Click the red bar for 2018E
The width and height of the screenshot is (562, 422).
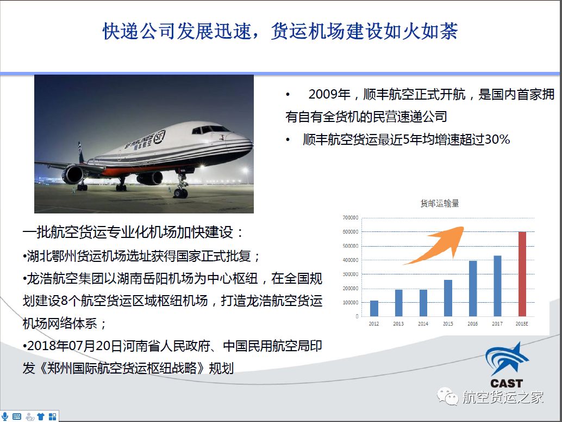pyautogui.click(x=522, y=274)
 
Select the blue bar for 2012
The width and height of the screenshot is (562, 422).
pyautogui.click(x=374, y=309)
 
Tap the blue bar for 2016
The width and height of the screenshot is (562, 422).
pyautogui.click(x=473, y=289)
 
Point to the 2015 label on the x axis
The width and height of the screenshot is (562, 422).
pyautogui.click(x=448, y=323)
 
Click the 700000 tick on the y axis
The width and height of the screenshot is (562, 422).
pyautogui.click(x=350, y=218)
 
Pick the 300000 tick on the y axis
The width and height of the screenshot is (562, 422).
pyautogui.click(x=350, y=274)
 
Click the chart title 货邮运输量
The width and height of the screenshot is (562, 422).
pyautogui.click(x=439, y=203)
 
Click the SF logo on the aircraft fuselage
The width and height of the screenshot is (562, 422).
pyautogui.click(x=159, y=137)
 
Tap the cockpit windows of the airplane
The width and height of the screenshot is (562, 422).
pyautogui.click(x=210, y=129)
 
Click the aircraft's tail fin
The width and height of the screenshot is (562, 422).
pyautogui.click(x=81, y=152)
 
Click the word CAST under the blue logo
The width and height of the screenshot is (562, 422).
pyautogui.click(x=507, y=383)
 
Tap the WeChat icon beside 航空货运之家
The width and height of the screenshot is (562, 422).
pyautogui.click(x=447, y=396)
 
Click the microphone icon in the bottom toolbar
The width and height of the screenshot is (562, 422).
pyautogui.click(x=5, y=416)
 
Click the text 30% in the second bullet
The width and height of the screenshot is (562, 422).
pyautogui.click(x=497, y=139)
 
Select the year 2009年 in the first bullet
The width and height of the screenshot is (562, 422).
pyautogui.click(x=329, y=94)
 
